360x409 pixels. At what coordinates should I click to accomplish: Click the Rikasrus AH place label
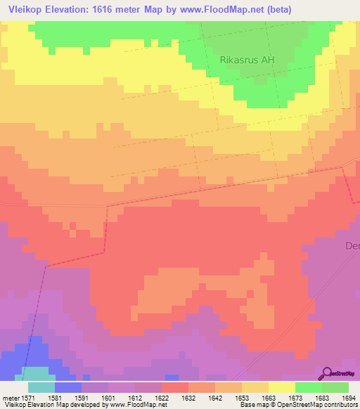(247, 60)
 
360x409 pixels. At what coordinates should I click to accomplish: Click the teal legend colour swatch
(41, 387)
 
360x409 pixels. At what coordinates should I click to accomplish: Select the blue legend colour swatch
(67, 387)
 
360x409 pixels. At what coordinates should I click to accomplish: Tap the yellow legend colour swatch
(281, 387)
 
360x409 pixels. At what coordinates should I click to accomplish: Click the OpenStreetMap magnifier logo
(328, 373)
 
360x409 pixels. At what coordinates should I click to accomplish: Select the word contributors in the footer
(339, 405)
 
